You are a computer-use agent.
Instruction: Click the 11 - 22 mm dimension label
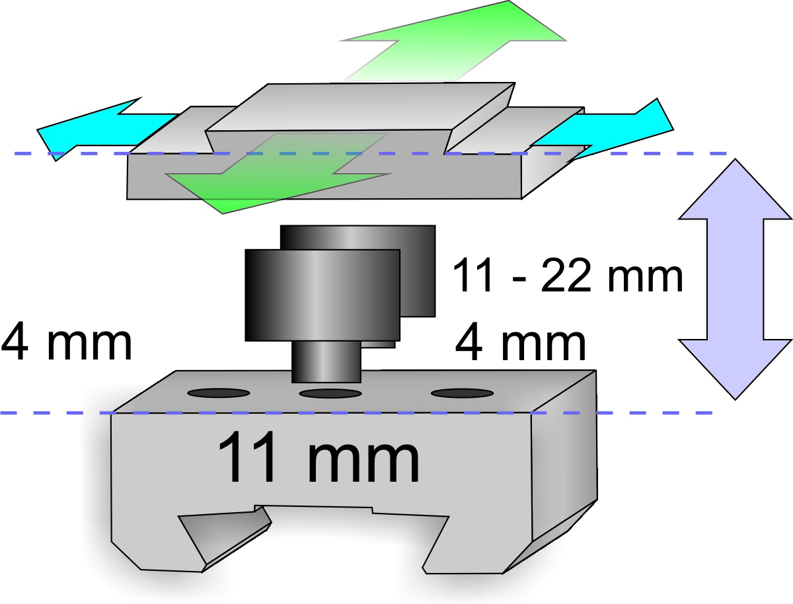click(x=567, y=276)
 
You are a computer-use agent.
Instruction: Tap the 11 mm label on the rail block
click(x=318, y=457)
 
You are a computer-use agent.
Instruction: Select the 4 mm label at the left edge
click(x=67, y=342)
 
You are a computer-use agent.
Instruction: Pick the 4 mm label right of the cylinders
click(x=520, y=342)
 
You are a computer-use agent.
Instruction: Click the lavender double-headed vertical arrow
click(x=736, y=279)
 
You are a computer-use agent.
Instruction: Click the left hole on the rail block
click(x=219, y=393)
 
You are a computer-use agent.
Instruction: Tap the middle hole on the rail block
click(x=330, y=394)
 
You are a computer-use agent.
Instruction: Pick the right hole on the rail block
click(x=463, y=393)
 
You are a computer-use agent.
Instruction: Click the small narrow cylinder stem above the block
click(x=326, y=362)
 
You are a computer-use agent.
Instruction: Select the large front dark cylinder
click(x=322, y=295)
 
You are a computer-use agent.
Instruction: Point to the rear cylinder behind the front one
click(x=417, y=271)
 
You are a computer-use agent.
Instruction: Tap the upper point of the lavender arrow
click(x=736, y=159)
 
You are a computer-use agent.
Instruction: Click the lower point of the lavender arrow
click(x=736, y=400)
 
